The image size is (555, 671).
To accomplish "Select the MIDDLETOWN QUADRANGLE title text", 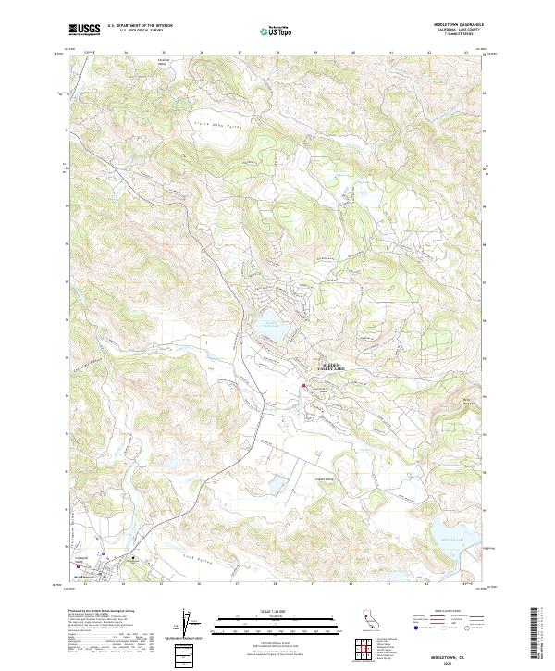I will pos(456,26).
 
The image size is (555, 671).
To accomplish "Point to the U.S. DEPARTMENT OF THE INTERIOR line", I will pos(140,26).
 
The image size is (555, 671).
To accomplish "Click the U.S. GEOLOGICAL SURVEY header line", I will pos(140,31).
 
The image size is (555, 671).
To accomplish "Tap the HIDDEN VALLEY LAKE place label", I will pos(330,367).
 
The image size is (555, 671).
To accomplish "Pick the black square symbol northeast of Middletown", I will pos(131,559).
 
